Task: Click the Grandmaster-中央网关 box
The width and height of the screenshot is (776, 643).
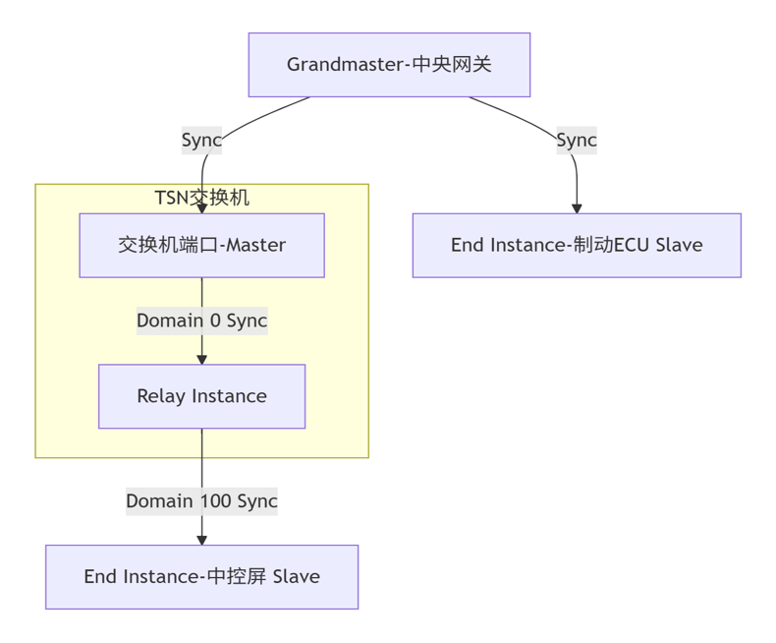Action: [389, 65]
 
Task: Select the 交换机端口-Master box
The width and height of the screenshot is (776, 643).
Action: [201, 245]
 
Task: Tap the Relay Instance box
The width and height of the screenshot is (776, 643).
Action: [201, 396]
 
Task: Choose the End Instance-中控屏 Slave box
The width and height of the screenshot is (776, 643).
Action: [201, 577]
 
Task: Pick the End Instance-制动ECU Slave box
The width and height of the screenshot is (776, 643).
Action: [577, 245]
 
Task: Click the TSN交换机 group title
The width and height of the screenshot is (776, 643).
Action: [201, 198]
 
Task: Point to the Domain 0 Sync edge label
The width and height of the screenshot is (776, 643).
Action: [201, 321]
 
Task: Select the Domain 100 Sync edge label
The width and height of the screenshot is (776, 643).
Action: [201, 501]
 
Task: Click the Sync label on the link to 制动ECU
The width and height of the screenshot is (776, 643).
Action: [577, 140]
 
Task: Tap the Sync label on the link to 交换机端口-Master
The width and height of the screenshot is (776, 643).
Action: [201, 140]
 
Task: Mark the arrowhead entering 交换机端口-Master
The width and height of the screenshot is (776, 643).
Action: [201, 208]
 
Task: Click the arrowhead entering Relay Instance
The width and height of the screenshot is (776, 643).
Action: [201, 359]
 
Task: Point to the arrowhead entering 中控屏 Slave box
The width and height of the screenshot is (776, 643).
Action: [201, 540]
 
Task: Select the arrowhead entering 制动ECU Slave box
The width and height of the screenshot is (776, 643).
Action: [577, 208]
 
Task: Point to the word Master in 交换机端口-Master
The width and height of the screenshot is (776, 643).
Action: [255, 245]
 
